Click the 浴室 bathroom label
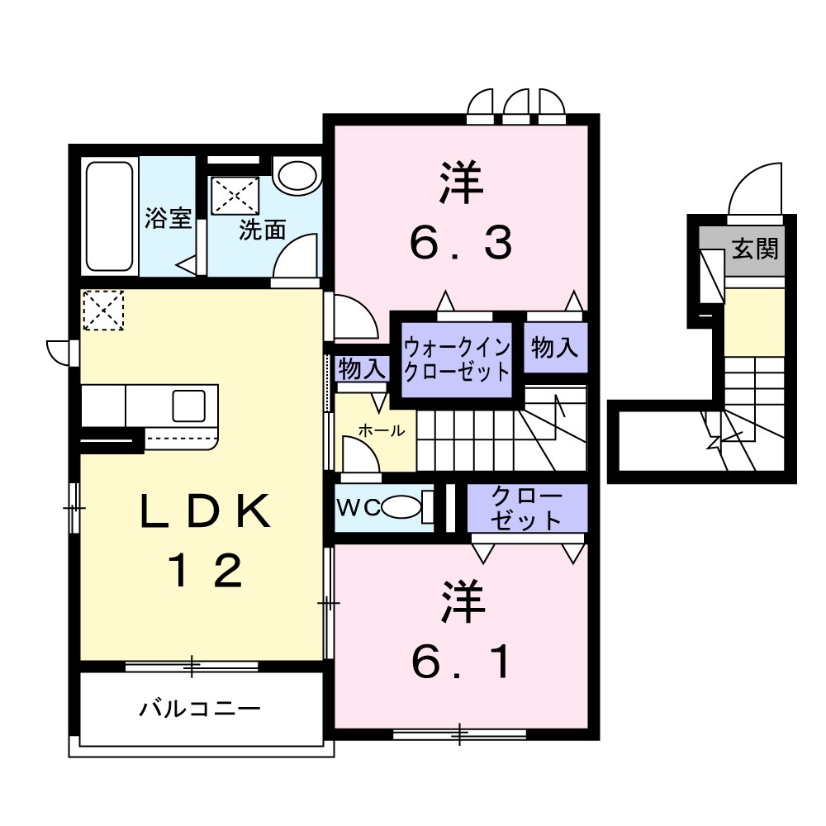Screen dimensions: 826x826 pyautogui.click(x=169, y=219)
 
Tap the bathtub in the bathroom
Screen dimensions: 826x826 pyautogui.click(x=110, y=216)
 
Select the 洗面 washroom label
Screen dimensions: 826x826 pyautogui.click(x=262, y=230)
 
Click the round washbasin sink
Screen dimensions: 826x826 pyautogui.click(x=295, y=176)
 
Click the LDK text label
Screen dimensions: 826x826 pyautogui.click(x=206, y=513)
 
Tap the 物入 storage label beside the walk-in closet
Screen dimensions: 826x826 pyautogui.click(x=554, y=348)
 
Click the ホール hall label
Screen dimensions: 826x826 pyautogui.click(x=381, y=430)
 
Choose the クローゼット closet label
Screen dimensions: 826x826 pyautogui.click(x=526, y=509)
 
